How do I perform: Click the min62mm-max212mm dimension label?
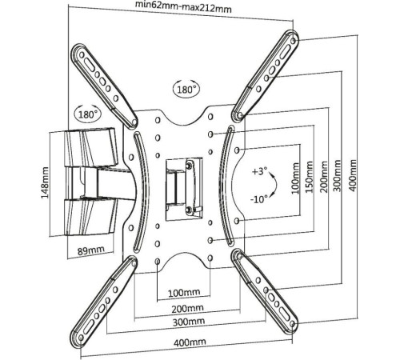[183, 7]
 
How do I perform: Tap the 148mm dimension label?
[45, 182]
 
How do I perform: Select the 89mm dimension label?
[91, 250]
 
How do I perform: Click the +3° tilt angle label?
[259, 171]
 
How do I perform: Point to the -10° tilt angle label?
[259, 199]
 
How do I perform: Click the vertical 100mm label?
[295, 178]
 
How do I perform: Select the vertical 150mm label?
[309, 177]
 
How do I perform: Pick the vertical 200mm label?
[324, 177]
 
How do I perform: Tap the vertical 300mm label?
[338, 175]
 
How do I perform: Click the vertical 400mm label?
[353, 175]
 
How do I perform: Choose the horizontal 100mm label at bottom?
[184, 293]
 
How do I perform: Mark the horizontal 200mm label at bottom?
[187, 309]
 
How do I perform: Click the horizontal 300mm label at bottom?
[189, 322]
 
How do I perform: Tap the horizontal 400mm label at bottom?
[190, 342]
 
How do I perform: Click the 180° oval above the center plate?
[186, 89]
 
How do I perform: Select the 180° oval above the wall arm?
[88, 114]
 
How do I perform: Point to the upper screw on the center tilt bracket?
[190, 166]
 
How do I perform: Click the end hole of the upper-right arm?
[294, 41]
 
